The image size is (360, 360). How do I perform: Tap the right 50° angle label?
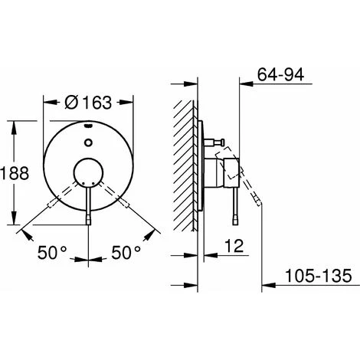click(126, 250)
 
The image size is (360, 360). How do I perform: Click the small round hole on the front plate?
click(90, 142)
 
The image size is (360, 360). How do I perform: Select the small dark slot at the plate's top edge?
click(90, 124)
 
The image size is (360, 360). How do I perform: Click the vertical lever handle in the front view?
click(90, 203)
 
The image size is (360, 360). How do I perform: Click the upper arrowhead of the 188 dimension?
click(15, 123)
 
